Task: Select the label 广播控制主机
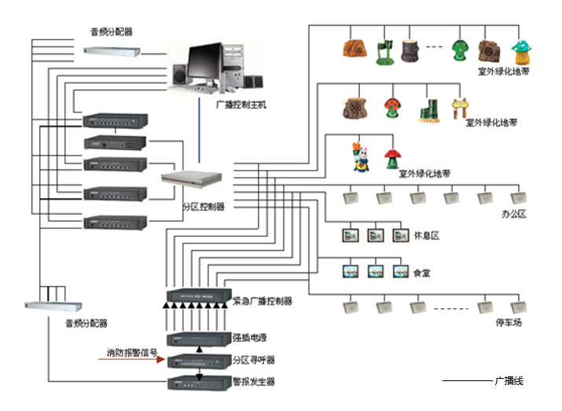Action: (x=241, y=104)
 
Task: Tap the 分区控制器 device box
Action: (x=186, y=178)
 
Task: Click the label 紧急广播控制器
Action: (x=263, y=301)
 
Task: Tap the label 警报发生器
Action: (x=254, y=382)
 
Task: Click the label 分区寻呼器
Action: (x=254, y=360)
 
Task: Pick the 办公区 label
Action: (x=513, y=214)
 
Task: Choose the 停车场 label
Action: (x=509, y=323)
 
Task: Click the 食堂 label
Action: (x=423, y=273)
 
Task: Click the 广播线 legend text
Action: (x=509, y=381)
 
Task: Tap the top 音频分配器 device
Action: (x=115, y=51)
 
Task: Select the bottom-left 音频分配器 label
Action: (x=86, y=323)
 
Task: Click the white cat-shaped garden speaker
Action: (x=361, y=156)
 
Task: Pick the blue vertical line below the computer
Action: (x=199, y=134)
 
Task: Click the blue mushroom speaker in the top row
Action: (x=522, y=52)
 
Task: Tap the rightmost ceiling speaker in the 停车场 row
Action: (x=518, y=306)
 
